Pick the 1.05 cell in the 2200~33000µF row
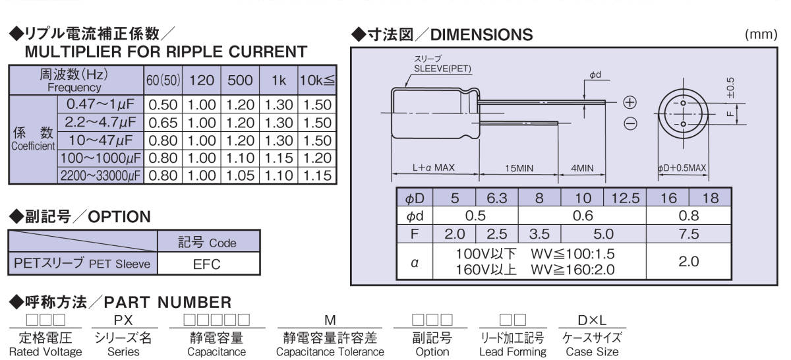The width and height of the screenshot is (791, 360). click(x=240, y=175)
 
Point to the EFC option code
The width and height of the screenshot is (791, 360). click(x=207, y=265)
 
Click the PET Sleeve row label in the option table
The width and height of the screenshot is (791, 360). click(x=82, y=265)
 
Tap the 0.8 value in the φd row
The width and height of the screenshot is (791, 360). click(x=688, y=216)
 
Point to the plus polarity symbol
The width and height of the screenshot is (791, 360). click(x=630, y=102)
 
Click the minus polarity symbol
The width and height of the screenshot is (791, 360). click(x=630, y=123)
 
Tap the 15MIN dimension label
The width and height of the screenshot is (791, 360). click(x=519, y=168)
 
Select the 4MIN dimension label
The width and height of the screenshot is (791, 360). click(x=582, y=168)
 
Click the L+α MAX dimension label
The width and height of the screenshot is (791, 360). click(x=434, y=168)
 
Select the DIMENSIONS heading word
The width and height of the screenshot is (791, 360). click(x=481, y=34)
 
